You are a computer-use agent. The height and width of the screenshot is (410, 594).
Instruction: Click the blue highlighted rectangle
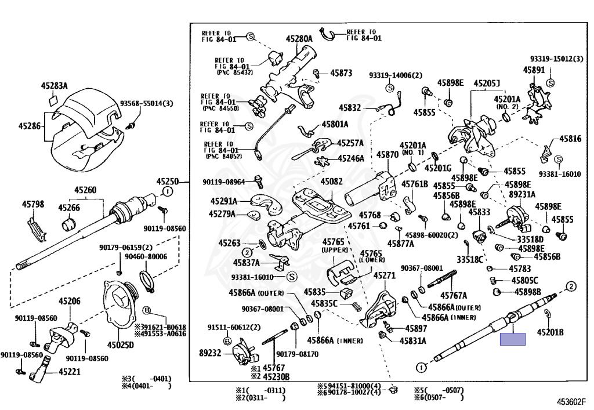point(513,339)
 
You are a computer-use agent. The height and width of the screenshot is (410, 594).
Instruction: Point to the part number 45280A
point(299,39)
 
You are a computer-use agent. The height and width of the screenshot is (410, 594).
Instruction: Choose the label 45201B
point(550,332)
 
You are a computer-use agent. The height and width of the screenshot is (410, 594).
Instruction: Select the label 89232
point(211,352)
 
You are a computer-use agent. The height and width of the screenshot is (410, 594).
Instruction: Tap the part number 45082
point(332,182)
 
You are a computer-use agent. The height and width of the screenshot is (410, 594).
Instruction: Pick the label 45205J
point(487,84)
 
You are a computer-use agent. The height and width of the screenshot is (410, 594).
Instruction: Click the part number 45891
point(534,70)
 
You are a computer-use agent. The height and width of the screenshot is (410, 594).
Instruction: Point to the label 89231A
point(522,194)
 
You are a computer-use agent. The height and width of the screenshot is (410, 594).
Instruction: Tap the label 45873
point(341,74)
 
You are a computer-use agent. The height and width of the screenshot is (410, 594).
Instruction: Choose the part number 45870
point(387,155)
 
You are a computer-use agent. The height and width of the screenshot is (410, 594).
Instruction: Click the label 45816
point(570,139)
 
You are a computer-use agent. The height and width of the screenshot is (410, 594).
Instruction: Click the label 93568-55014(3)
point(147,104)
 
